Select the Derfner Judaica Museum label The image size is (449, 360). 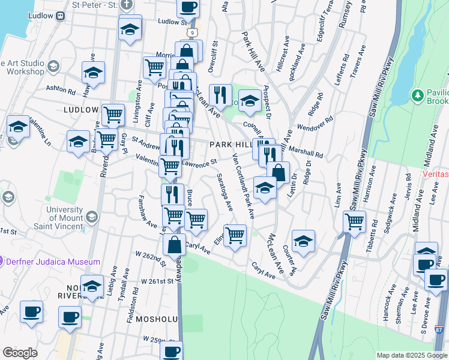(x=52, y=262)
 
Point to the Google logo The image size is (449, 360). (x=20, y=353)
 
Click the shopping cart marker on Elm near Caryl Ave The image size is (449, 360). (x=235, y=235)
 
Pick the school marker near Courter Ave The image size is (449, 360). (x=304, y=241)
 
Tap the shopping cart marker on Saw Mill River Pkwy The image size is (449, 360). (x=354, y=221)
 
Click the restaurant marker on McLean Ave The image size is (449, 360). (x=221, y=94)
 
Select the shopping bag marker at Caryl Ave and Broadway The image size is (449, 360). (x=174, y=245)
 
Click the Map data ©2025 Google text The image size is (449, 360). (x=411, y=355)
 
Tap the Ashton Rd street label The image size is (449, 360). (x=61, y=91)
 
